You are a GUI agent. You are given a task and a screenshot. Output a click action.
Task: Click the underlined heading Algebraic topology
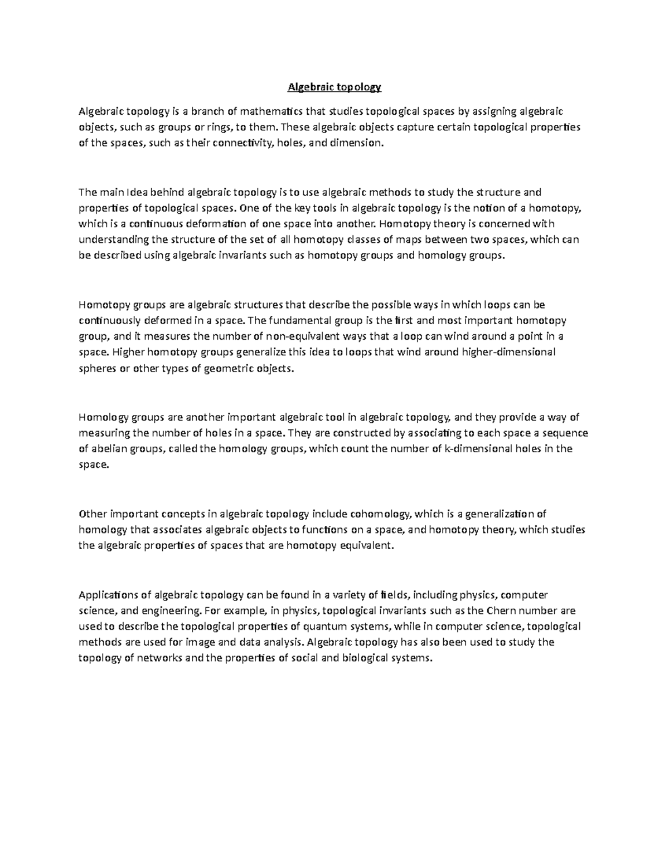coord(334,87)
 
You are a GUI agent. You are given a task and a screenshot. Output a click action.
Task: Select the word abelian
coord(108,449)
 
